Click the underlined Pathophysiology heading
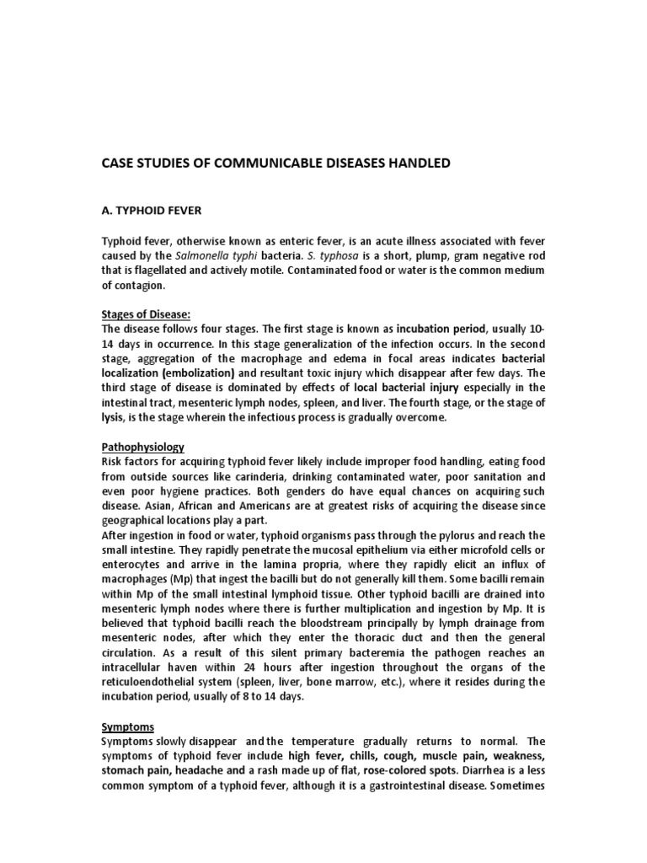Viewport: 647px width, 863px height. [142, 447]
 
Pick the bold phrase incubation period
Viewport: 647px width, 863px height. [433, 329]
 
